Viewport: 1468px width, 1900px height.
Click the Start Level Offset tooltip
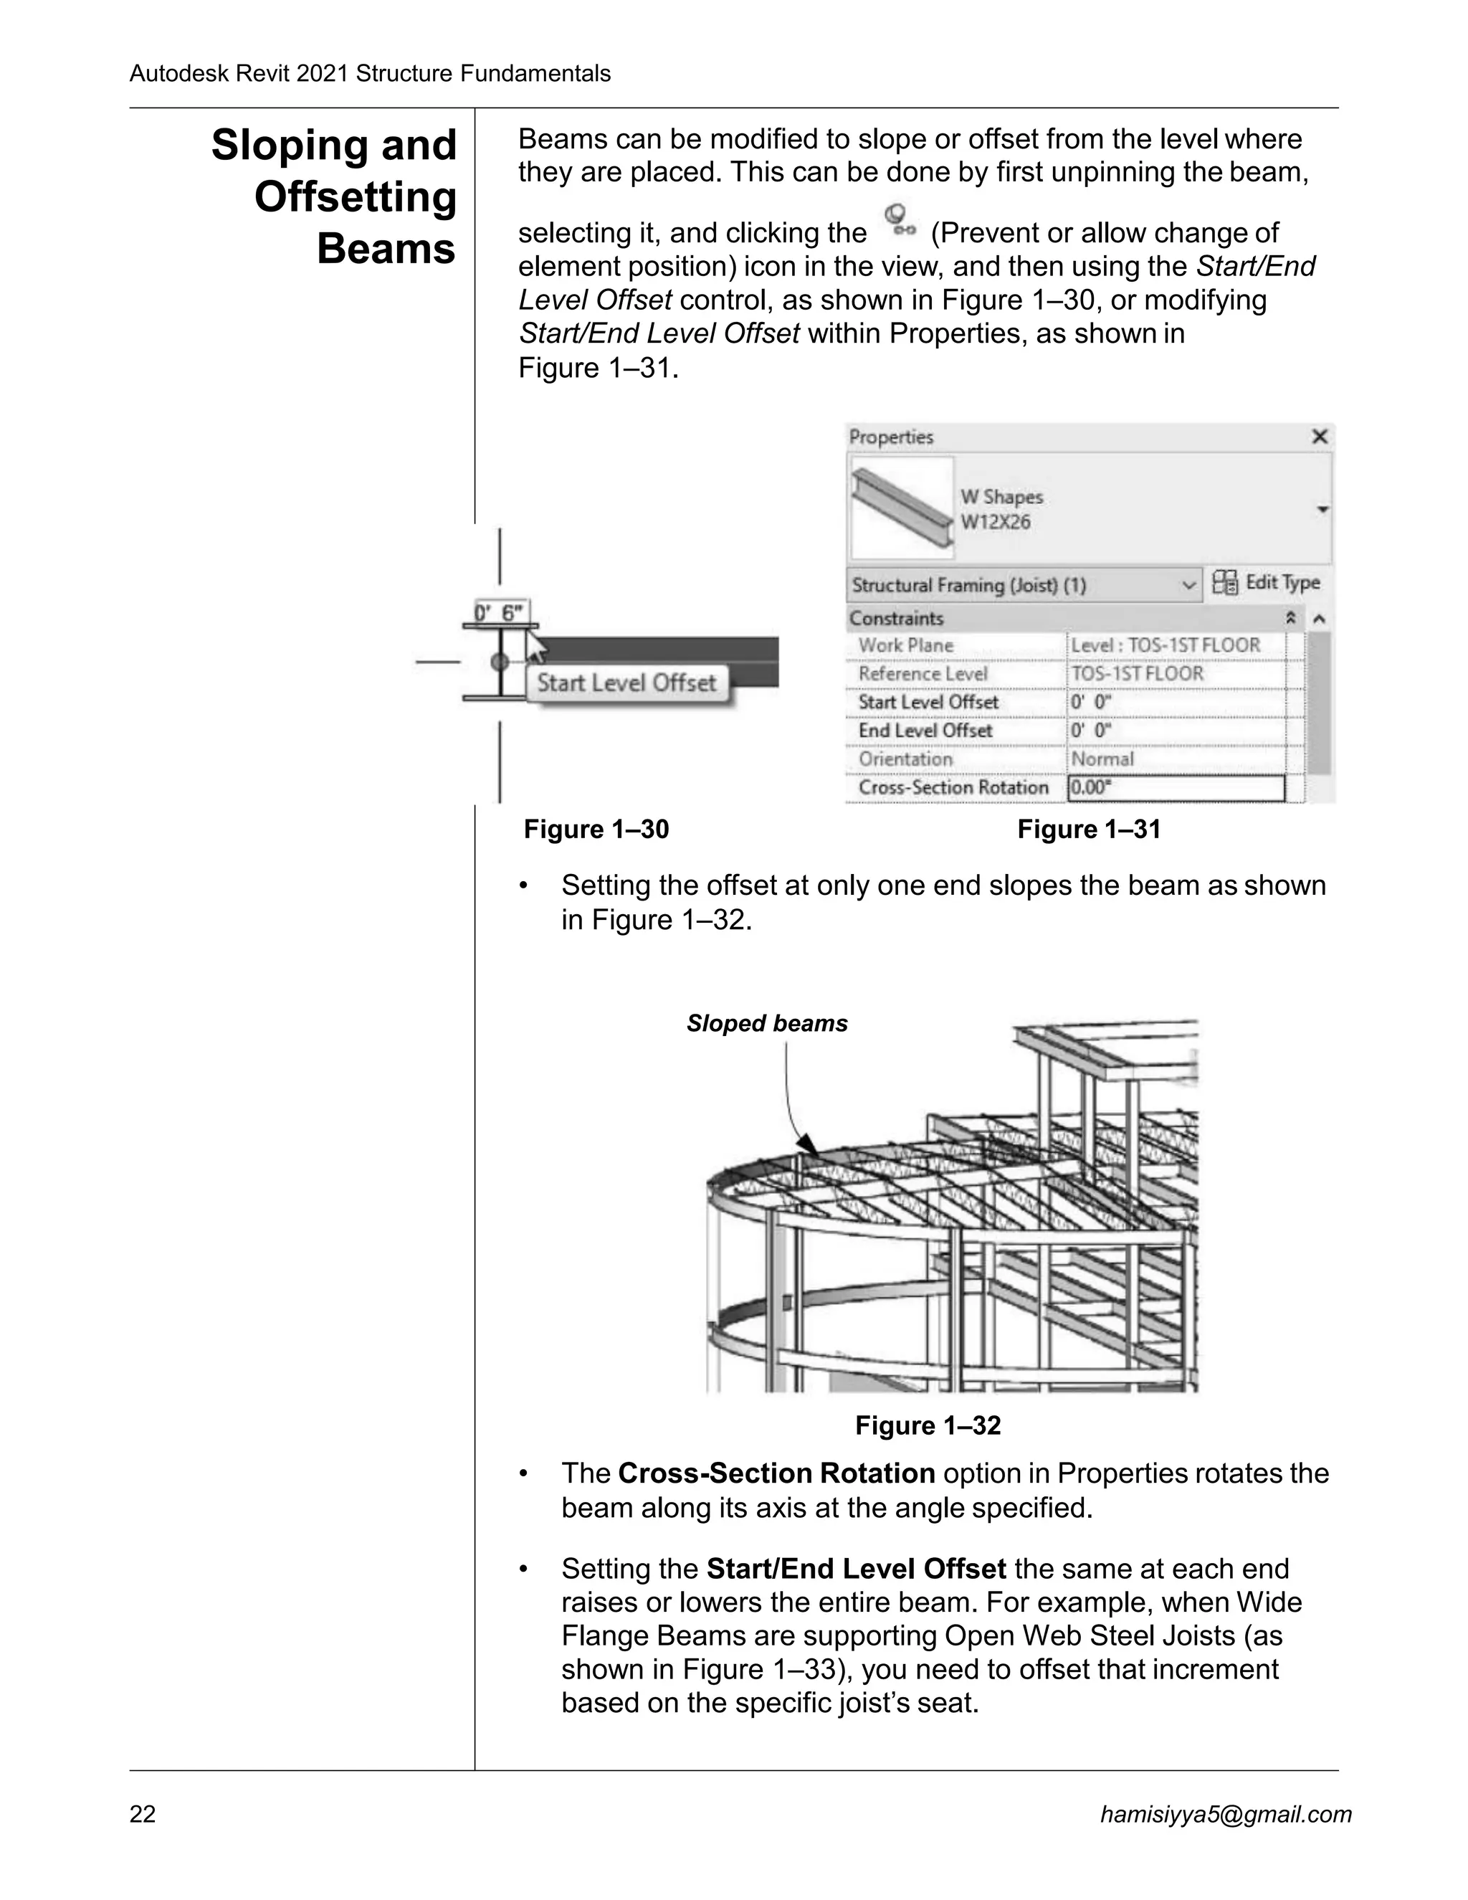(x=626, y=683)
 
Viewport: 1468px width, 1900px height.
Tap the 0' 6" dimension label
(x=500, y=613)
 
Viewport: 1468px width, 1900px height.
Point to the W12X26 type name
(x=995, y=522)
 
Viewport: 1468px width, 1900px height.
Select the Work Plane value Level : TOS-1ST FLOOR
(x=1166, y=645)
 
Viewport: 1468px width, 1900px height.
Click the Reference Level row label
(x=923, y=674)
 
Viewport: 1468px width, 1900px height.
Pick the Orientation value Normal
(x=1102, y=759)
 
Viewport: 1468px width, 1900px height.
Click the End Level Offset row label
(x=925, y=731)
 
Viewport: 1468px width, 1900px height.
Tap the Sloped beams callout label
(x=766, y=1023)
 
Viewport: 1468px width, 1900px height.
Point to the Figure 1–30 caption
(x=596, y=829)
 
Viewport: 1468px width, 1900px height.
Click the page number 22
(x=143, y=1814)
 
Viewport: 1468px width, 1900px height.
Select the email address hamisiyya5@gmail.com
(x=1225, y=1814)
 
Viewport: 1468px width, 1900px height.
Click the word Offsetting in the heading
(x=355, y=197)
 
